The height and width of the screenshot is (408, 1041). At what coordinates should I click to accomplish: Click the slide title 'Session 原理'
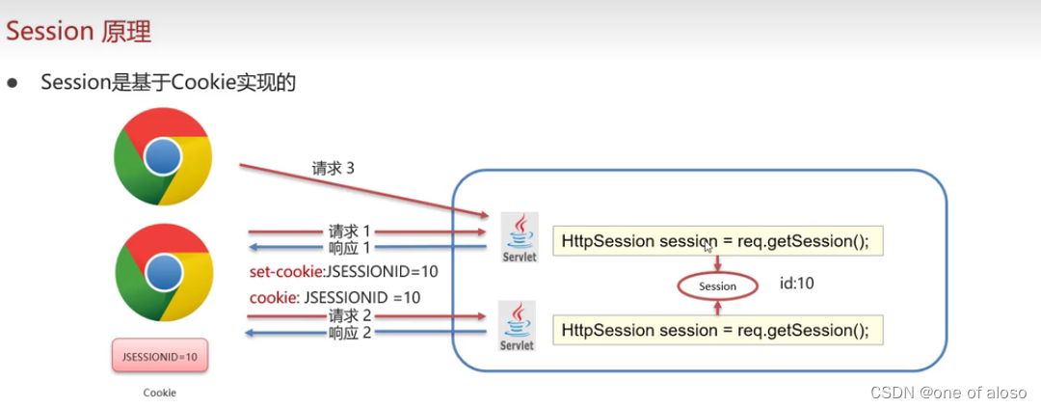point(79,31)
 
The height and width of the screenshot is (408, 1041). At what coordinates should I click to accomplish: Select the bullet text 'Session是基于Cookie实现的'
point(168,83)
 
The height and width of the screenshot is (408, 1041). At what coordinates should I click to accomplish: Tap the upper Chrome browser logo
point(162,156)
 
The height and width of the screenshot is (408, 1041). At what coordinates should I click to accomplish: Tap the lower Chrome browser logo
point(162,273)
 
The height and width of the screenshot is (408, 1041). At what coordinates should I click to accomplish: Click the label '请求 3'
point(333,168)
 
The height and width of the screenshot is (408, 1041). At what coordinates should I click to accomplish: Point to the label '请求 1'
point(349,231)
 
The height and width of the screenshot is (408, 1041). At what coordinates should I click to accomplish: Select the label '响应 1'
point(349,249)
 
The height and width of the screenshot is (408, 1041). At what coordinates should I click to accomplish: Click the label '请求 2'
point(349,315)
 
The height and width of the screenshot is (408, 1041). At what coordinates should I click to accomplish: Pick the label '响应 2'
point(349,333)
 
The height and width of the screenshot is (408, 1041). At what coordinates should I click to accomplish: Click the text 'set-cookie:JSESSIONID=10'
point(343,272)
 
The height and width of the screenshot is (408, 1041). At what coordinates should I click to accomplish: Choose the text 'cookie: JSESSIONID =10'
point(334,298)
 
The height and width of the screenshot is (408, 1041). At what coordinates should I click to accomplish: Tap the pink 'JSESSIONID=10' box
point(160,357)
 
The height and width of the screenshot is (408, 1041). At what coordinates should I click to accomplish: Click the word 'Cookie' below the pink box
point(160,393)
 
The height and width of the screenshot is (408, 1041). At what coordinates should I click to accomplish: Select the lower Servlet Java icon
point(519,326)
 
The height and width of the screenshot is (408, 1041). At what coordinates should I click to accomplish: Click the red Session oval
point(717,286)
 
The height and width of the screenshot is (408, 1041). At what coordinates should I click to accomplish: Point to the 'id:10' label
point(797,285)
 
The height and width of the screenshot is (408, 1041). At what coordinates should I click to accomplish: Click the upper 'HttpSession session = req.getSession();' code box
point(717,241)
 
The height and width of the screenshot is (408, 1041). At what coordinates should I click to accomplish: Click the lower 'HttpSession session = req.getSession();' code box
point(717,330)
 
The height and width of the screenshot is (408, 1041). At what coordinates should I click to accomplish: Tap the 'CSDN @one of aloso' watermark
point(948,393)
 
